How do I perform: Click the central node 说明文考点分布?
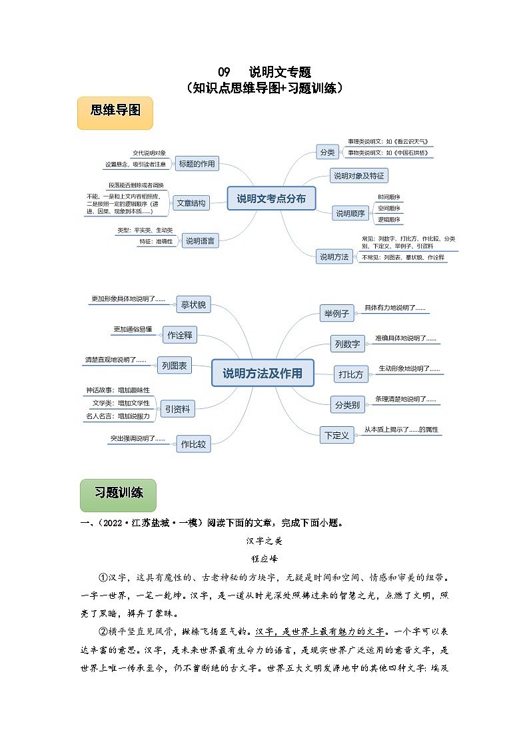coord(271,198)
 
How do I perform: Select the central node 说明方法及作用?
coord(262,373)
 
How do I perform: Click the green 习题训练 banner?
coord(118,494)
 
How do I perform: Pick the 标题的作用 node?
coord(197,164)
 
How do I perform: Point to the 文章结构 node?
coord(191,203)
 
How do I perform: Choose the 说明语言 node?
coord(201,241)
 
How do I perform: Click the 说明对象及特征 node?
coord(359,176)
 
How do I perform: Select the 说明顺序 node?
coord(350,213)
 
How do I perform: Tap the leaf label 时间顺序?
coord(389,197)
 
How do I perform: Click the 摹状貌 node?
coord(193,305)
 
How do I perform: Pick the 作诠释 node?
coord(180,336)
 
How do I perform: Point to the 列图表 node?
coord(174,365)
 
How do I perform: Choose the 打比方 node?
coord(351,374)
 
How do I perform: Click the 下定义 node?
coord(336,436)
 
